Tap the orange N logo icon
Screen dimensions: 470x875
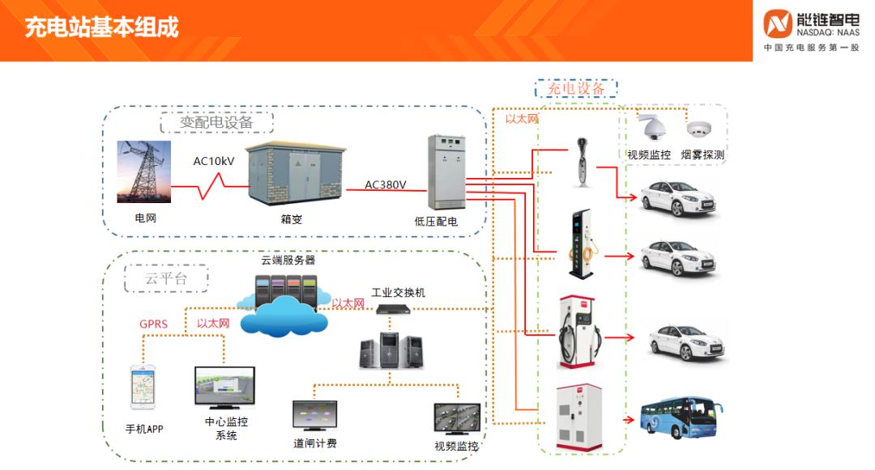click(778, 23)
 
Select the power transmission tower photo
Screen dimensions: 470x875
click(144, 171)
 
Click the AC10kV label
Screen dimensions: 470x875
click(214, 161)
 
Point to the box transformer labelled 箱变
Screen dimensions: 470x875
click(295, 175)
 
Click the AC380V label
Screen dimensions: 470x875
click(386, 184)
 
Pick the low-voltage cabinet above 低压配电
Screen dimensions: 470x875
click(447, 171)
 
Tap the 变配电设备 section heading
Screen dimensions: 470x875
click(216, 123)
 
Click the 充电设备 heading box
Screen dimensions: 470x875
click(576, 88)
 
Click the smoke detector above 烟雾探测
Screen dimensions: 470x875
click(698, 129)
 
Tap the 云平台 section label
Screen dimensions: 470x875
click(166, 278)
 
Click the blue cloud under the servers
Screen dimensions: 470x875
click(284, 318)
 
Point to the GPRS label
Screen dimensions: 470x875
click(153, 324)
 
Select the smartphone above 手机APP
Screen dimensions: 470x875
click(143, 387)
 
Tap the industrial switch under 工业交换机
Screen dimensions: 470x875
click(397, 308)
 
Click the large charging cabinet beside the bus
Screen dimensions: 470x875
click(578, 417)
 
